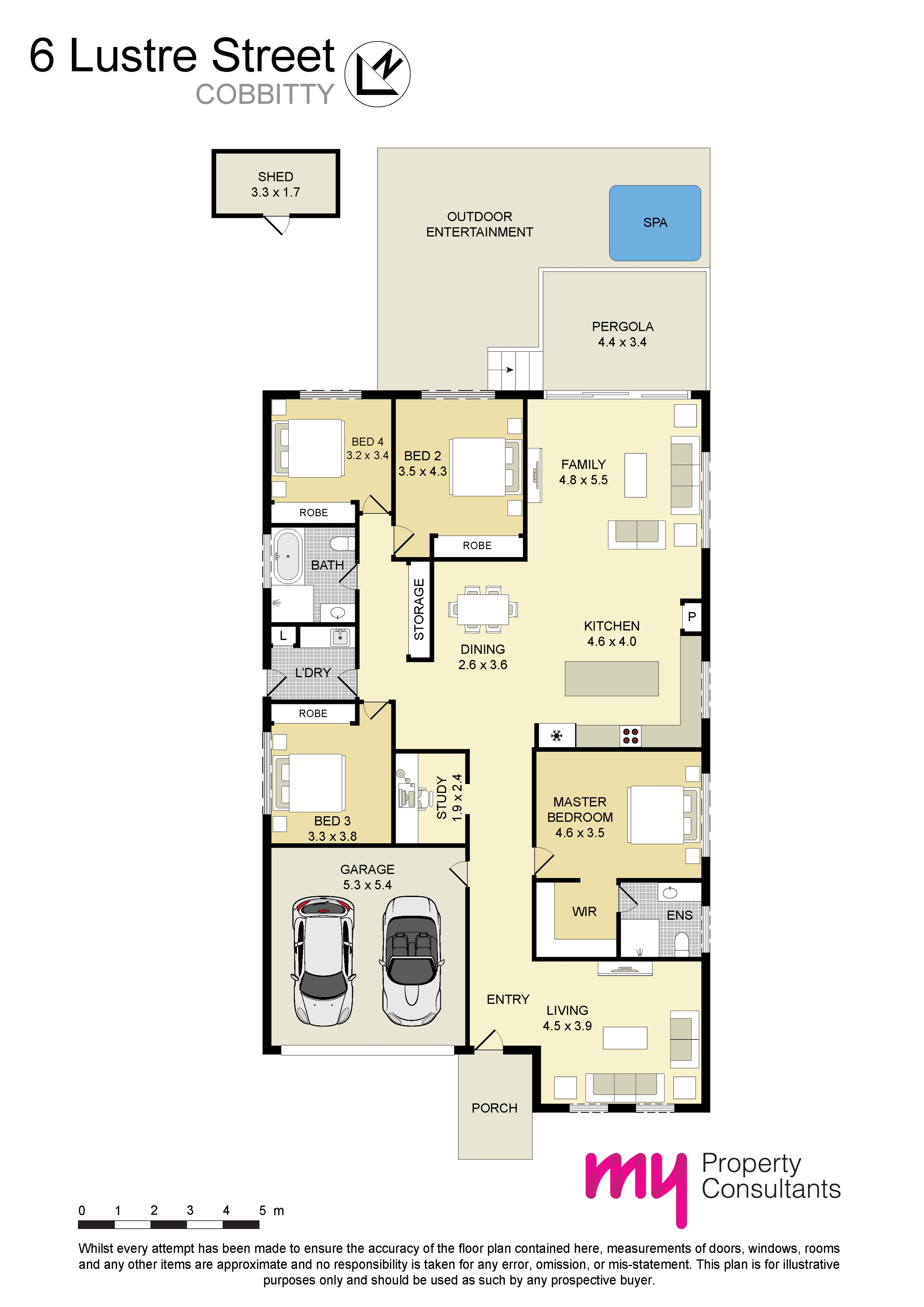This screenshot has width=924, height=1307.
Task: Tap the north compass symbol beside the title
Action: pos(378,74)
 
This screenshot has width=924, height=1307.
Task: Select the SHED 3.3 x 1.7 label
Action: pos(275,185)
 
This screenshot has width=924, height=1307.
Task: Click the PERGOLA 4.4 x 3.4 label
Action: pos(622,334)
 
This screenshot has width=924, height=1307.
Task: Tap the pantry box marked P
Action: pos(692,617)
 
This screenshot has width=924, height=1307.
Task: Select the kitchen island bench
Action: pos(611,679)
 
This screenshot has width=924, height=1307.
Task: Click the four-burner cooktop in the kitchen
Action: pos(630,736)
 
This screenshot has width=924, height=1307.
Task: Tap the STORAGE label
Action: pos(419,610)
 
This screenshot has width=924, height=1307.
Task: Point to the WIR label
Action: pos(584,912)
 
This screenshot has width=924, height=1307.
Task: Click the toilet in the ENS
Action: pos(682,945)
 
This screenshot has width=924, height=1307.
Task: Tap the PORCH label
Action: pos(494,1108)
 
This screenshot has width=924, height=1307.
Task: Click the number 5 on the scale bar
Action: pos(262,1211)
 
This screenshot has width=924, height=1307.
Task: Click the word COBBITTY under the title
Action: pos(265,95)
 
